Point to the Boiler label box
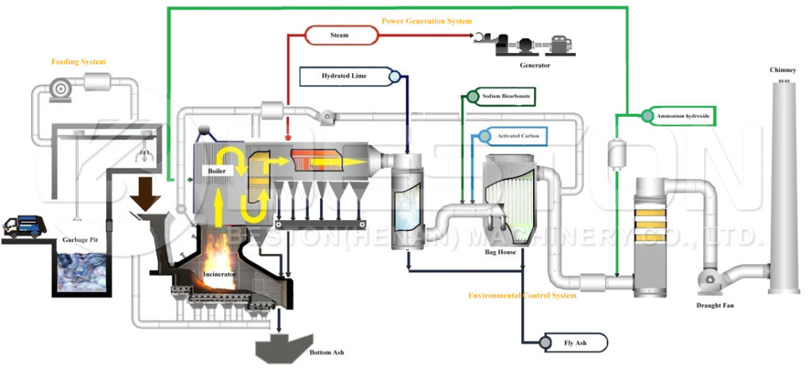[x=217, y=171]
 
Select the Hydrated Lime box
[x=343, y=76]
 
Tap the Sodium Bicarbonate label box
[x=508, y=96]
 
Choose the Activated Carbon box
[x=519, y=136]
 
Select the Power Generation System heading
[x=426, y=20]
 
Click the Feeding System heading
[x=78, y=61]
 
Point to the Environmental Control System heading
[x=523, y=295]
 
